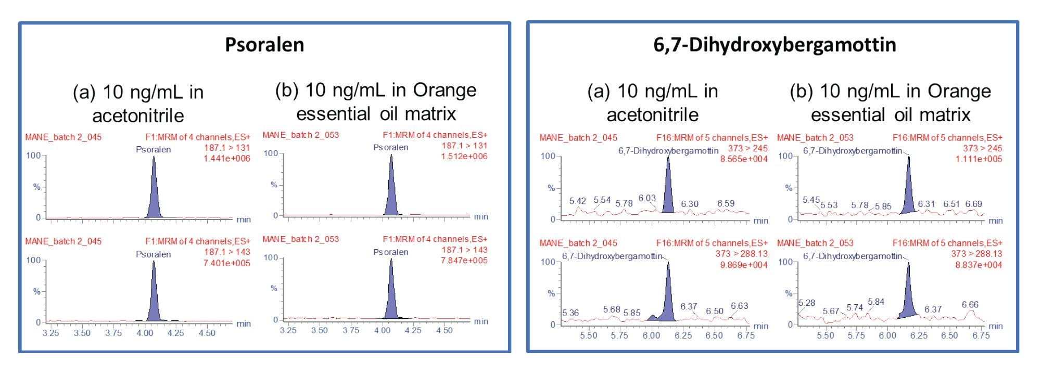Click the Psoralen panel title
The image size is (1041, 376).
264,45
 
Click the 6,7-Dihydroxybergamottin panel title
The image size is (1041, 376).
775,45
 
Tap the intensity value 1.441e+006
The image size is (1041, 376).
226,159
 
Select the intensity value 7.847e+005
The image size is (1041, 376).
464,261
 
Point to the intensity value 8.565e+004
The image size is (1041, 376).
744,159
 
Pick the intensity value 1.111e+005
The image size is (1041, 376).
979,159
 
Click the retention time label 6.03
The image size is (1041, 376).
647,198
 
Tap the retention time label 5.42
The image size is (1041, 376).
577,201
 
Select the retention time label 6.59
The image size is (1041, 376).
726,203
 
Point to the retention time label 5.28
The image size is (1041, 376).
807,303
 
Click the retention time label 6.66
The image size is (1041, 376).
970,304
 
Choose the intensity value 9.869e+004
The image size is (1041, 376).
744,265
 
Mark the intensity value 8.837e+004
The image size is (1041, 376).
979,265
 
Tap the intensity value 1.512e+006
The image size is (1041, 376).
464,157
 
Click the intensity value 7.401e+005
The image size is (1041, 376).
226,263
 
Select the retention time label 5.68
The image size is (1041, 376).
612,309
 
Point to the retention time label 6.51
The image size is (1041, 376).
951,204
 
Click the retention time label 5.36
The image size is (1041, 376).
570,313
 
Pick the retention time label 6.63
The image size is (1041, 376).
739,306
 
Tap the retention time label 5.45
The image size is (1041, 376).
811,200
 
